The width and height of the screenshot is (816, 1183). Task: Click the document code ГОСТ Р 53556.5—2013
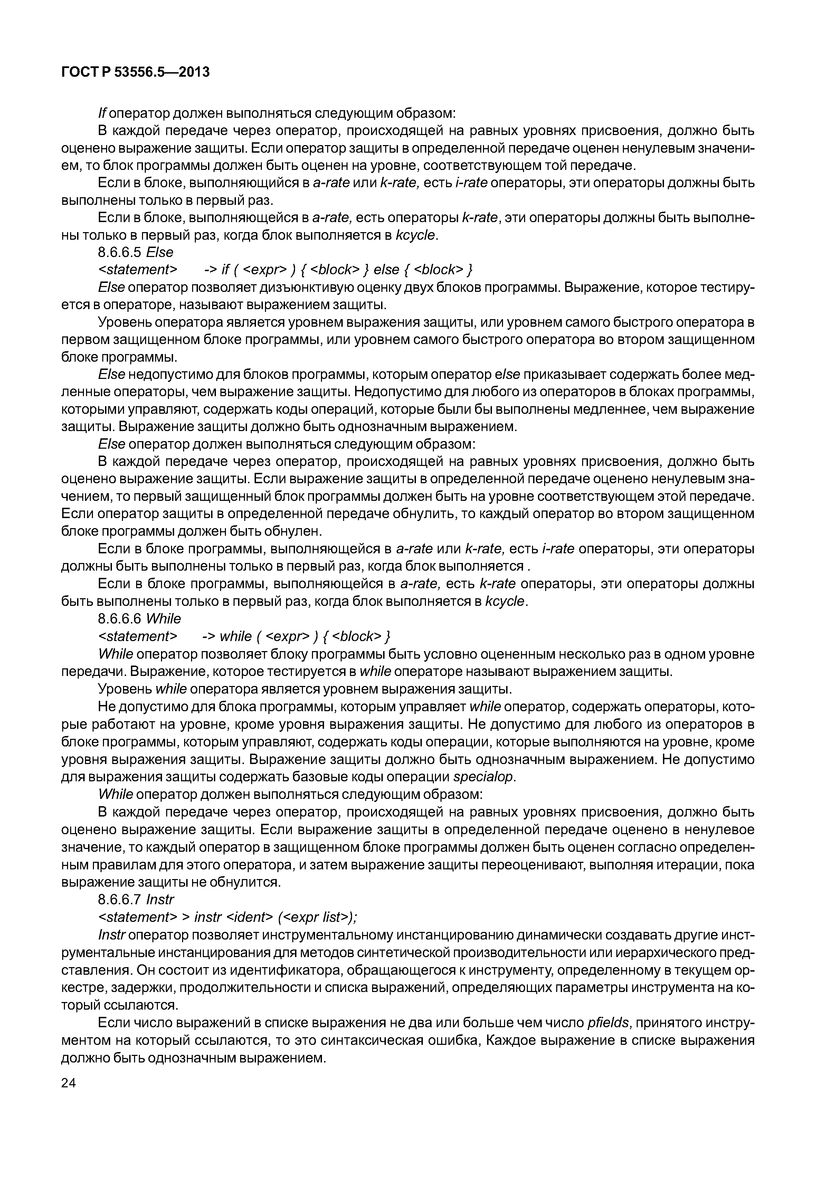point(135,73)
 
